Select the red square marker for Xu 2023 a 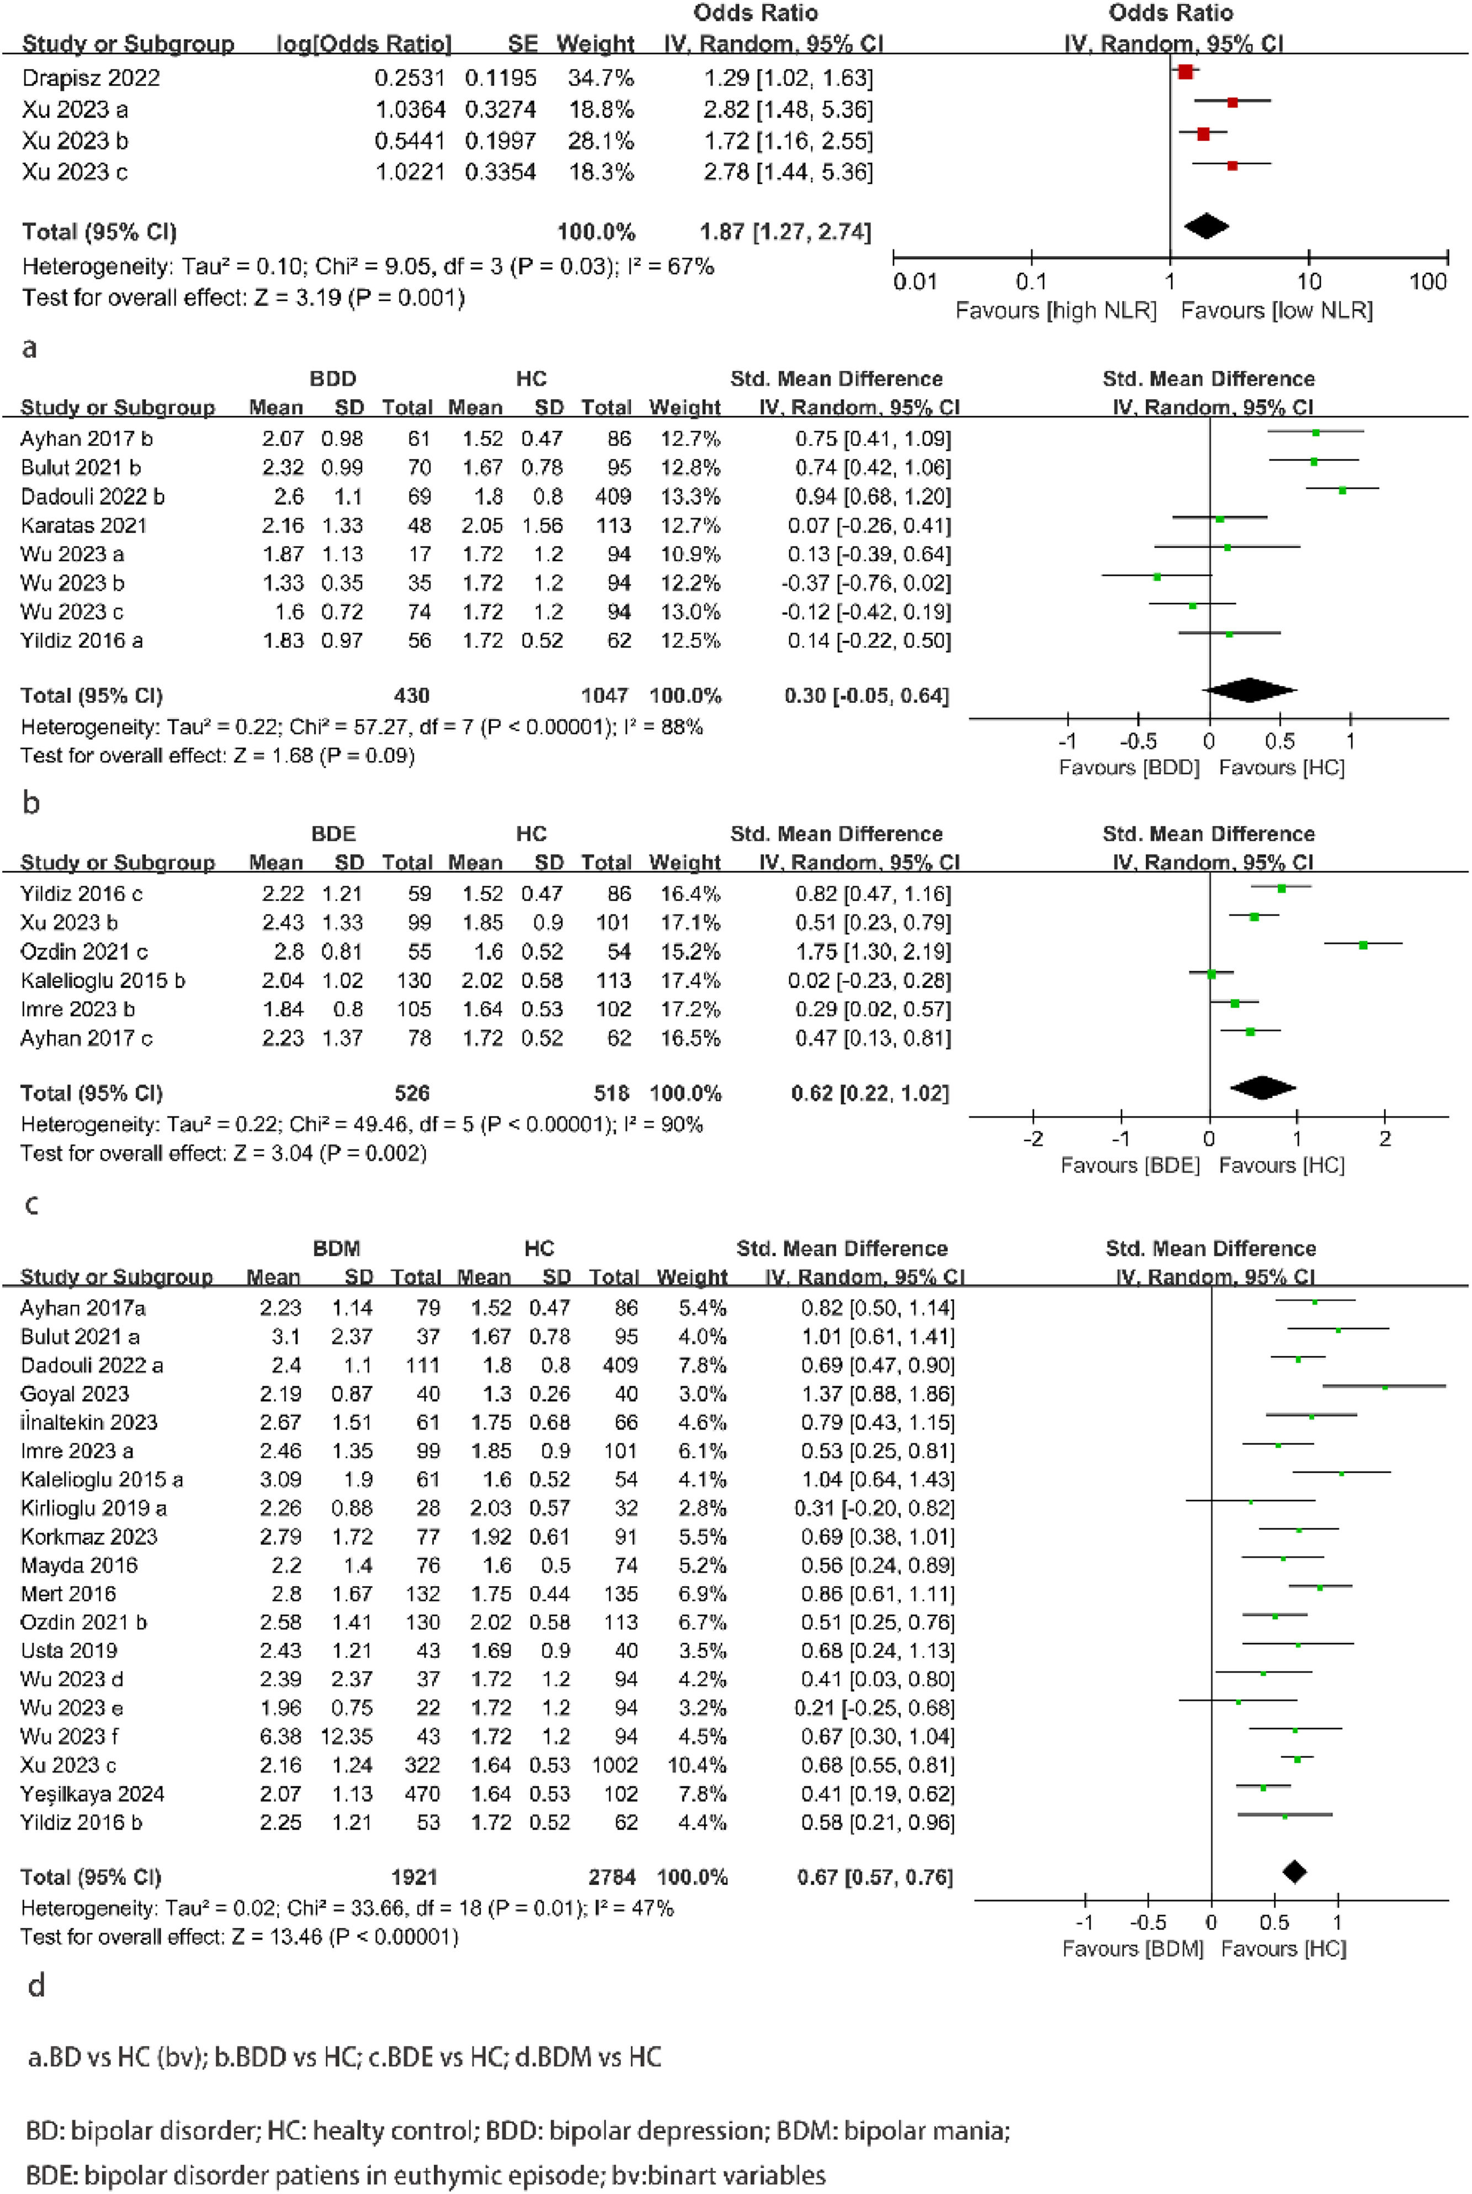click(1232, 102)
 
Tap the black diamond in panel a click(1207, 226)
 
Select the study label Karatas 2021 click(83, 525)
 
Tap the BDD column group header click(333, 379)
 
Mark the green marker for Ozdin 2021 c click(1363, 945)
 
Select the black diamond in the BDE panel click(1263, 1088)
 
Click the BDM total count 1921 click(414, 1877)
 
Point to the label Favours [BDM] click(1132, 1948)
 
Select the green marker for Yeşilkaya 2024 click(1263, 1788)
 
